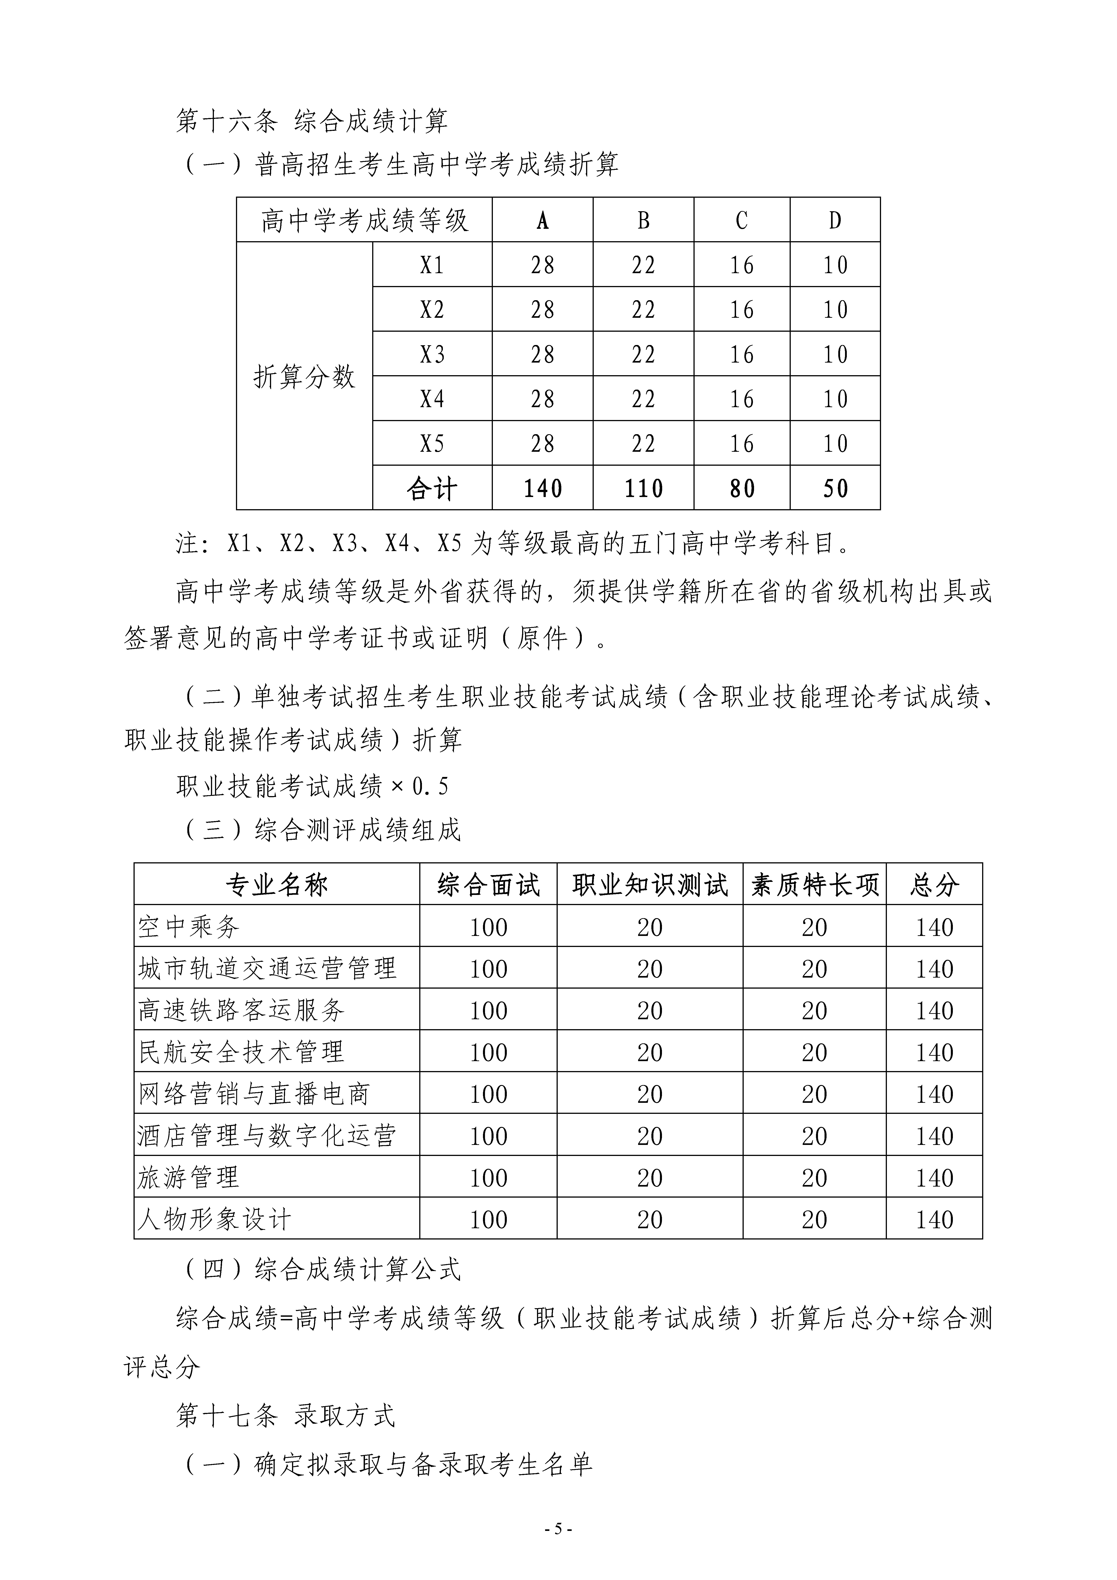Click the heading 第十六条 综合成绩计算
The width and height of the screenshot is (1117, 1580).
click(x=312, y=121)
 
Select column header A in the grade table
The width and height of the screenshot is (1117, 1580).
click(x=542, y=220)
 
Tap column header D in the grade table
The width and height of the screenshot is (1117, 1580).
click(x=835, y=220)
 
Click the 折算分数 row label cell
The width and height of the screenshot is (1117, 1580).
click(x=304, y=376)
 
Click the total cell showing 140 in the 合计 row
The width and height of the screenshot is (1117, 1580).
click(x=542, y=489)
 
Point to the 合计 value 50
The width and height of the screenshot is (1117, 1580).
click(x=835, y=489)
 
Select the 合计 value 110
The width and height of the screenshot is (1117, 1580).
click(x=643, y=489)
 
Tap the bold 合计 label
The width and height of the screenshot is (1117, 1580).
click(x=432, y=489)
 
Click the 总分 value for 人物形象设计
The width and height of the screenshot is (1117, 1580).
click(x=934, y=1219)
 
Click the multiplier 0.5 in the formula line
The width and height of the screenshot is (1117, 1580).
click(x=430, y=786)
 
